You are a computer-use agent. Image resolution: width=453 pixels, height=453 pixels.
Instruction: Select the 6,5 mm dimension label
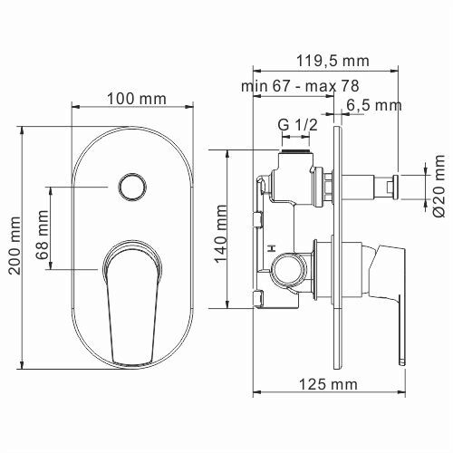pyautogui.click(x=373, y=105)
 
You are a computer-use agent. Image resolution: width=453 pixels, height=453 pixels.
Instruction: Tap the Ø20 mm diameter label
pyautogui.click(x=439, y=187)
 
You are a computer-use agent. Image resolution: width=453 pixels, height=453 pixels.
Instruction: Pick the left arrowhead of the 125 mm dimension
pyautogui.click(x=256, y=393)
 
